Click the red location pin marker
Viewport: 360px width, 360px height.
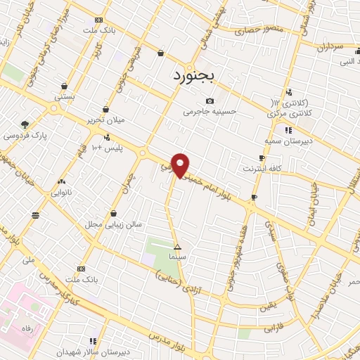(x=181, y=165)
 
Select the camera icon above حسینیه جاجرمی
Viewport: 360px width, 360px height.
(x=210, y=101)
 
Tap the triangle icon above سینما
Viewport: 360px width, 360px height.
(x=178, y=247)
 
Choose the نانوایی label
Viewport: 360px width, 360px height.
(x=61, y=191)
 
